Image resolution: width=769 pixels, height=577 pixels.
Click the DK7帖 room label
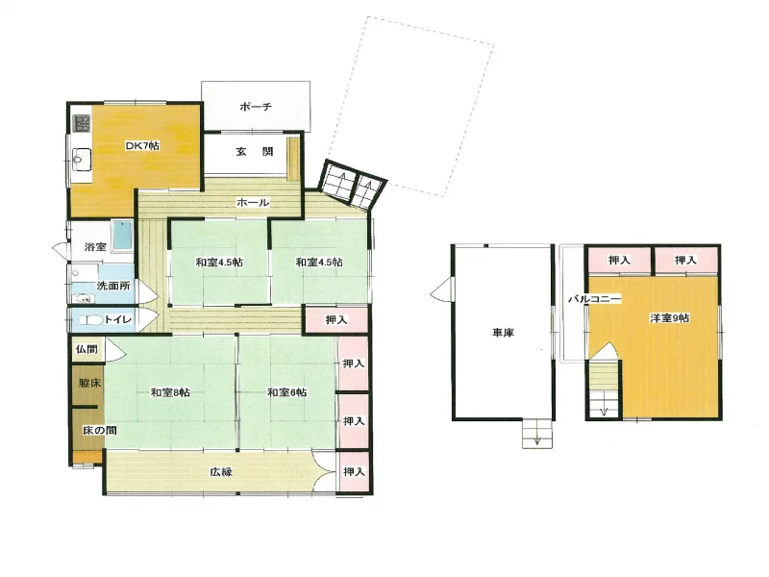(142, 146)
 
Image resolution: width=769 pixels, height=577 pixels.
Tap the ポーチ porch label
(256, 107)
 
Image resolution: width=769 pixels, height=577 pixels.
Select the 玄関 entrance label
(255, 152)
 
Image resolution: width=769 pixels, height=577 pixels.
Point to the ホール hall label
(253, 202)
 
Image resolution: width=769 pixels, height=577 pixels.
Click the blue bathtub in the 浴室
(122, 236)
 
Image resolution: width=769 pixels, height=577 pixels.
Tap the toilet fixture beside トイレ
(91, 320)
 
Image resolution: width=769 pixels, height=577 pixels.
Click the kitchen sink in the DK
(82, 160)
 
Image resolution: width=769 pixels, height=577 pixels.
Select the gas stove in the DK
(82, 124)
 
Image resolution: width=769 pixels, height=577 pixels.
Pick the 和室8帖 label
(170, 392)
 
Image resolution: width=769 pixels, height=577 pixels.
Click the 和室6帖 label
(286, 392)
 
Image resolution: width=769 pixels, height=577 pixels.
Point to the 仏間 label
(87, 349)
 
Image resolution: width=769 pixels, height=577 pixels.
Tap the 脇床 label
(89, 383)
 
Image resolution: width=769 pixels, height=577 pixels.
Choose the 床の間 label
(100, 430)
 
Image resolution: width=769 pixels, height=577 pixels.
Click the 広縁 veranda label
(221, 472)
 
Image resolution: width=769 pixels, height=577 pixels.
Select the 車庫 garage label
(503, 333)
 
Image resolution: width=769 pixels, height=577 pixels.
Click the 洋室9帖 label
(669, 318)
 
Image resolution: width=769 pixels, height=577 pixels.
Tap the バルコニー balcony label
(594, 298)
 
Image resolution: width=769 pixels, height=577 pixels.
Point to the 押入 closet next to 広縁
(354, 471)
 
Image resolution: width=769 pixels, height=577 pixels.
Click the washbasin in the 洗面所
(82, 298)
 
